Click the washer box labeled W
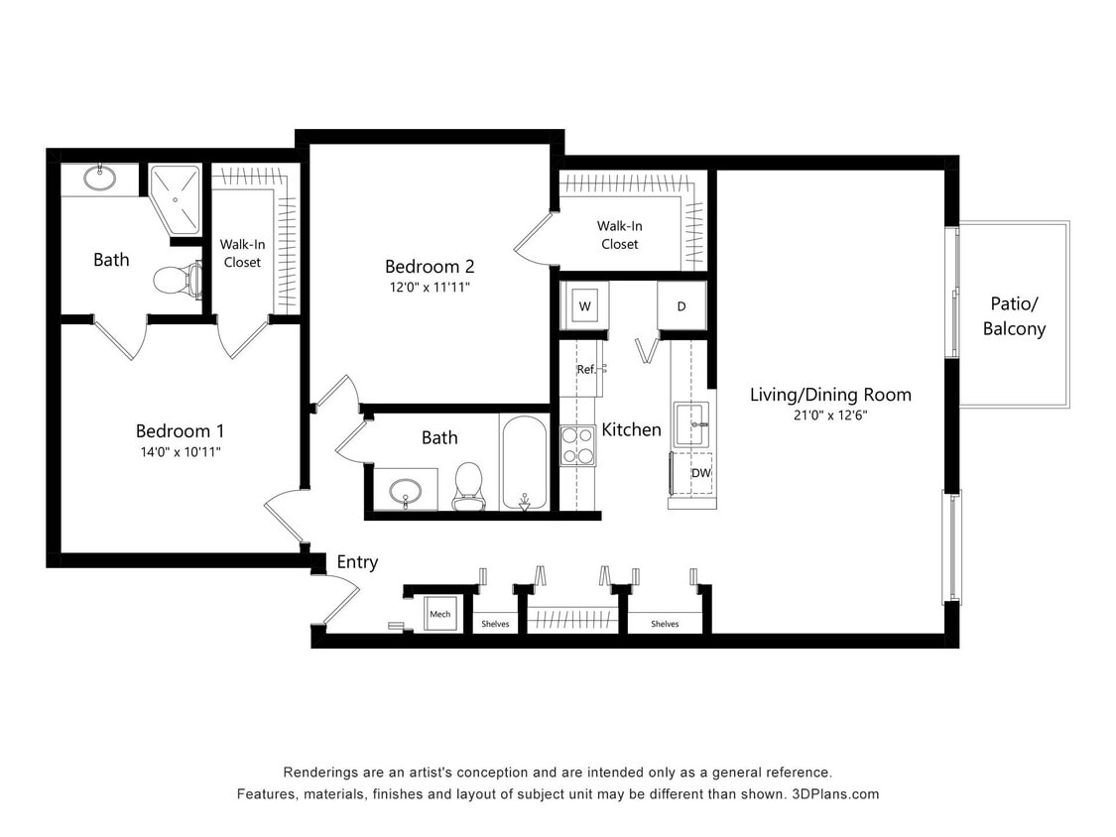[584, 305]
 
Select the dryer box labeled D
[682, 305]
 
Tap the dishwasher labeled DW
[700, 473]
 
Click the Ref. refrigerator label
[586, 369]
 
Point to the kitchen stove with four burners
[577, 445]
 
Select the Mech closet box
[439, 615]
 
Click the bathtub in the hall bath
[523, 462]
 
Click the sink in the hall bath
[404, 491]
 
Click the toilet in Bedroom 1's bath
[175, 280]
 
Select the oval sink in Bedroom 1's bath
[98, 179]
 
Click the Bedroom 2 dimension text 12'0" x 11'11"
[429, 288]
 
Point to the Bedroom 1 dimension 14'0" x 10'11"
[180, 452]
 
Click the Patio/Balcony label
[1014, 316]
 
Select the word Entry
[357, 562]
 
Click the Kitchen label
[631, 429]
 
